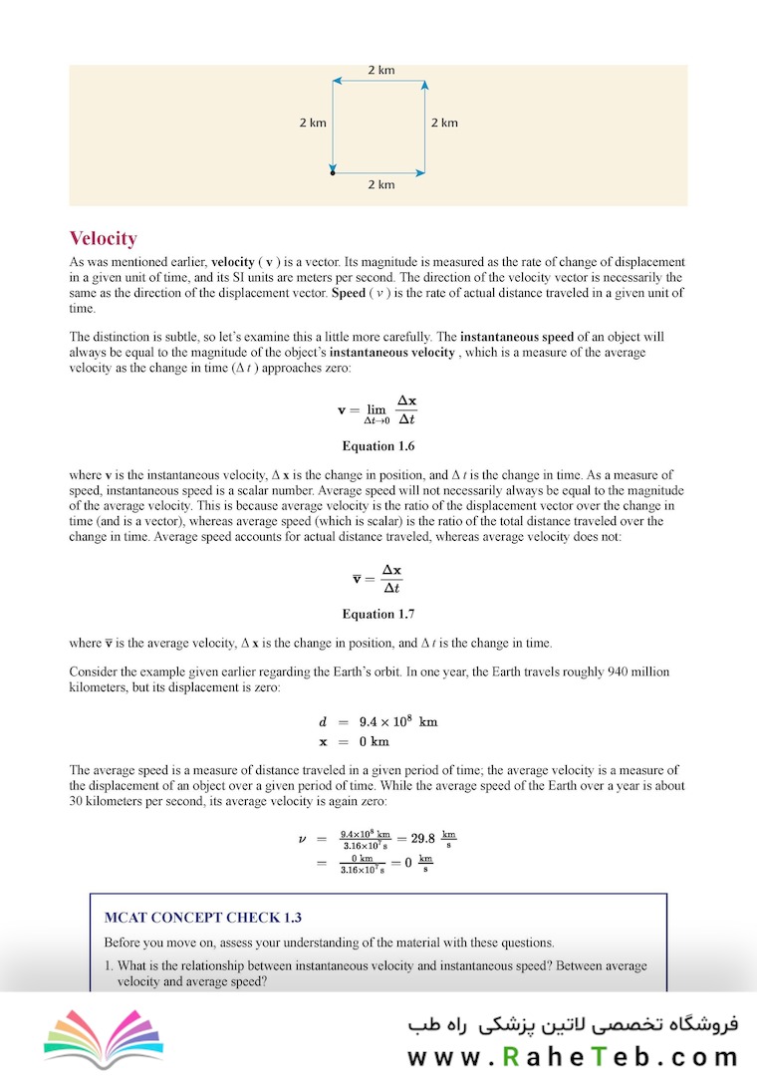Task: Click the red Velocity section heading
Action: [x=103, y=239]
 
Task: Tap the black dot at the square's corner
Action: [x=332, y=173]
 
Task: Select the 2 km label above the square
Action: [x=380, y=70]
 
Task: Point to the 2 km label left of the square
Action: [x=312, y=123]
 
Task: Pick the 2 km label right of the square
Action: [x=444, y=123]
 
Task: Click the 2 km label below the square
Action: [x=380, y=184]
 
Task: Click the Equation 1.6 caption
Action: [x=378, y=446]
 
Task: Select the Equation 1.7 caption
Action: [x=378, y=615]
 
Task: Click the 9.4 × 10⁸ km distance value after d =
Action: [x=397, y=721]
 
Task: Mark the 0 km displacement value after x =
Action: [x=374, y=741]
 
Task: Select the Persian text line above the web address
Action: [x=573, y=1024]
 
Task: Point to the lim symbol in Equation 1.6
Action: [x=376, y=407]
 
